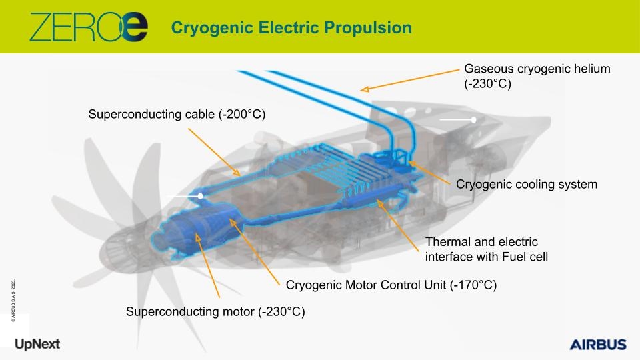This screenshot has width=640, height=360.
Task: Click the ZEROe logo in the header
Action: pos(89,27)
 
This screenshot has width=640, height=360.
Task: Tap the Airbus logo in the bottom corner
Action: pos(598,345)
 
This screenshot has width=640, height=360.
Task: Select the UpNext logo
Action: pos(37,344)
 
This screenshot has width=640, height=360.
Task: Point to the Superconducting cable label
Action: pos(177,114)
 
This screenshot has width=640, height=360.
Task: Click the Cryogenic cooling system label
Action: pos(527,184)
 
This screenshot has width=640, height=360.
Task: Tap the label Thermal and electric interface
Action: pos(487,249)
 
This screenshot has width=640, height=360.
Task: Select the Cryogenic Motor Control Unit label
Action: pos(391,285)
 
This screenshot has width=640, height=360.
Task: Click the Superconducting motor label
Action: pos(215,312)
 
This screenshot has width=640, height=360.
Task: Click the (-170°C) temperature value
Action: pos(473,285)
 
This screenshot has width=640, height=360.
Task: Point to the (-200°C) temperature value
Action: pos(242,114)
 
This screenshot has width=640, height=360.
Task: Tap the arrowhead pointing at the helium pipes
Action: pos(365,89)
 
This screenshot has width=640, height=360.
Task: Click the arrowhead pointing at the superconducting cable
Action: pos(237,172)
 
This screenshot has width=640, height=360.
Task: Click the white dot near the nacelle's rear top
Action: pos(473,120)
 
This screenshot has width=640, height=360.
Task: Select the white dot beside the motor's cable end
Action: pos(201,196)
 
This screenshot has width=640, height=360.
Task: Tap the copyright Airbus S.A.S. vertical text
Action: pos(13,301)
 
